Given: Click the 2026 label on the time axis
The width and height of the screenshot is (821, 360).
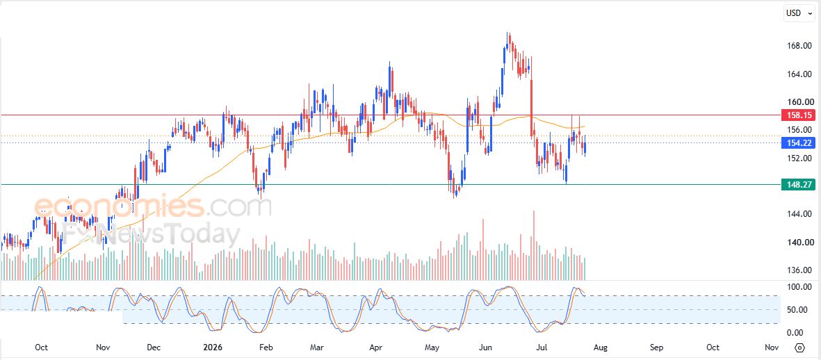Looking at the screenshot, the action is [x=213, y=348].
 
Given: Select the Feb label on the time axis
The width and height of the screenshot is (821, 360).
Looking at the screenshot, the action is [x=266, y=348].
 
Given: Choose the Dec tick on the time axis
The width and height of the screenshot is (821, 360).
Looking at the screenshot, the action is [x=154, y=348].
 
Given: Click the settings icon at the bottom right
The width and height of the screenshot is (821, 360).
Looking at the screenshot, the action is [x=799, y=348].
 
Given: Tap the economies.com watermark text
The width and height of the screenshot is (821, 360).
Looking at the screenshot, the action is [x=152, y=207].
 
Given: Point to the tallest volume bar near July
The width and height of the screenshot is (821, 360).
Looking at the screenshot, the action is [x=533, y=245].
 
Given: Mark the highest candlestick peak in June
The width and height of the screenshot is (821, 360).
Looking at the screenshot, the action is [x=507, y=33].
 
